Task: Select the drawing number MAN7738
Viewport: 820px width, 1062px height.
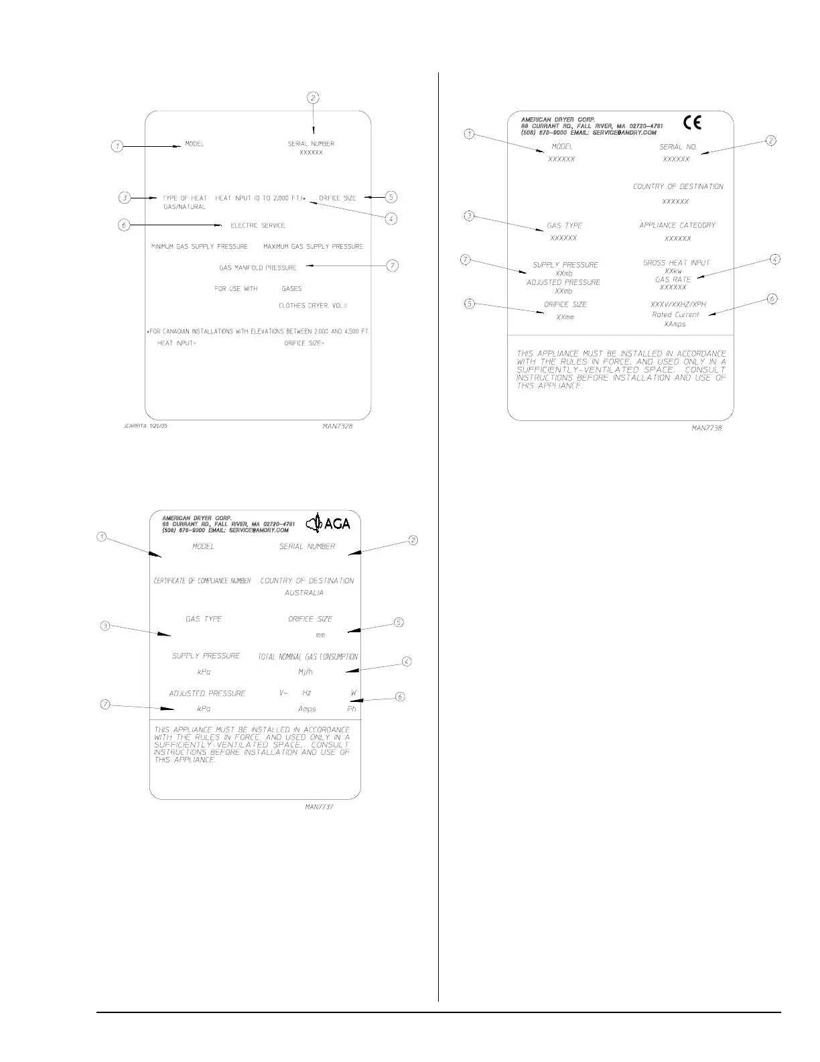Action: coord(707,428)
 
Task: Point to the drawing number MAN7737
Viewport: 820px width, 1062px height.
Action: coord(319,807)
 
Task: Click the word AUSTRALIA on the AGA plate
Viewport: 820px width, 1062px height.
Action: coord(304,593)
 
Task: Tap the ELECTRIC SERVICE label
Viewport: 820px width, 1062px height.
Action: coord(258,225)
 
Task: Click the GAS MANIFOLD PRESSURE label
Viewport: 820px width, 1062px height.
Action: coord(258,268)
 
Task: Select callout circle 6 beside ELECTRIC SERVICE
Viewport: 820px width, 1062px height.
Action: coord(124,225)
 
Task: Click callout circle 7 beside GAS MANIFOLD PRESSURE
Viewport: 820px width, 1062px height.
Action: coord(393,266)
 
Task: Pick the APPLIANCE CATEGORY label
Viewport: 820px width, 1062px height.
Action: coord(677,225)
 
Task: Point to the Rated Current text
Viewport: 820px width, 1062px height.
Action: coord(675,314)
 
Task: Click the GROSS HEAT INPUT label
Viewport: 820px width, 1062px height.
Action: coord(676,263)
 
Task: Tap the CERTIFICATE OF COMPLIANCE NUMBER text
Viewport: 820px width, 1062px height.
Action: coord(202,581)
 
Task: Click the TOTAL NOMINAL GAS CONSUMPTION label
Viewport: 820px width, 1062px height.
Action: coord(308,657)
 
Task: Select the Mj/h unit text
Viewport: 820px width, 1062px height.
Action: coord(305,672)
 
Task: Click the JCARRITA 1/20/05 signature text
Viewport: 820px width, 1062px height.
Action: coord(146,426)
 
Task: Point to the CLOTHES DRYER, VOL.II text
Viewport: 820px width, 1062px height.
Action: coord(313,306)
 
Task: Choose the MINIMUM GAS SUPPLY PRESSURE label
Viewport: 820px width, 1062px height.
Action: coord(200,247)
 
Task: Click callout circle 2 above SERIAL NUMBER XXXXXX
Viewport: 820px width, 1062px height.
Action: coord(313,97)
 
